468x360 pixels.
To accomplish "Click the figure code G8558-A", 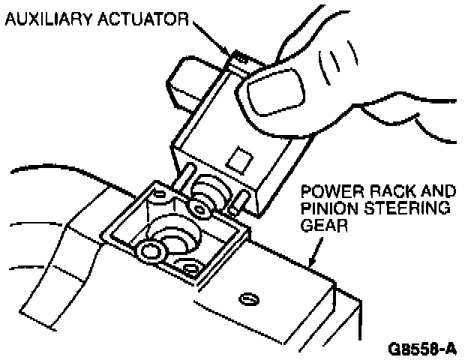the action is tap(422, 349).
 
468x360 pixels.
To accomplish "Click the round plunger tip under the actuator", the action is tap(199, 204).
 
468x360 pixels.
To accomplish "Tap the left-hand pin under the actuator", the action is tap(184, 175).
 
